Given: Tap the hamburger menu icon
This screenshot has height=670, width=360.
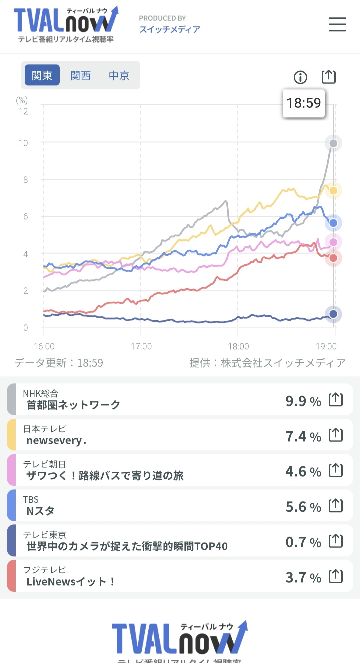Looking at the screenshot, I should (x=337, y=24).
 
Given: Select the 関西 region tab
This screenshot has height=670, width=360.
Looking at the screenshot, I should (x=80, y=75).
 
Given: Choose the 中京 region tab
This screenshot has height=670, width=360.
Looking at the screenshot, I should (x=119, y=75).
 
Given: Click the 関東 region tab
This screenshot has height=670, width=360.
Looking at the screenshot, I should (x=42, y=75).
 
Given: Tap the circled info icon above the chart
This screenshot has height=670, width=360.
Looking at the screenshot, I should (x=300, y=77).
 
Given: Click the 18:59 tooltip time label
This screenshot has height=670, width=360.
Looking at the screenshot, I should (x=303, y=103).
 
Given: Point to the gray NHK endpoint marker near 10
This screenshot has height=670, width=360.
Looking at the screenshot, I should (x=333, y=143).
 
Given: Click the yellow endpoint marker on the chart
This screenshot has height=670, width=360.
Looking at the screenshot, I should (x=333, y=191).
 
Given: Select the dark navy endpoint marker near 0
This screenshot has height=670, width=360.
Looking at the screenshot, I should (x=333, y=314).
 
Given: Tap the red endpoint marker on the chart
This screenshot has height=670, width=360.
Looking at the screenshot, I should (x=333, y=258).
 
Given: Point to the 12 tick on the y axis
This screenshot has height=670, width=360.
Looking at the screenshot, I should (x=23, y=112).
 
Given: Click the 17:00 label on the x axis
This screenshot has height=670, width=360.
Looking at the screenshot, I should (x=141, y=346).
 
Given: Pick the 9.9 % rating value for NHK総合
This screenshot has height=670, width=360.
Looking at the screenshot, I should (x=303, y=401).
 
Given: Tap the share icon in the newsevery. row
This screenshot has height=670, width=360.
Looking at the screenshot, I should (x=335, y=435).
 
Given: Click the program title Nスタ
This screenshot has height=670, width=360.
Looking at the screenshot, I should (x=40, y=511).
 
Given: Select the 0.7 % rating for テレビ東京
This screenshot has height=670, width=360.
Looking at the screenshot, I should (x=303, y=542).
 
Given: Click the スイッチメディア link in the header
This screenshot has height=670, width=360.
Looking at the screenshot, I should (x=169, y=30).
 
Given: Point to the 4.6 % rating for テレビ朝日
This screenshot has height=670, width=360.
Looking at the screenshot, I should (x=303, y=472).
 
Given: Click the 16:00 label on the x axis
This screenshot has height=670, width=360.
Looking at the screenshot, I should (x=44, y=346).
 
